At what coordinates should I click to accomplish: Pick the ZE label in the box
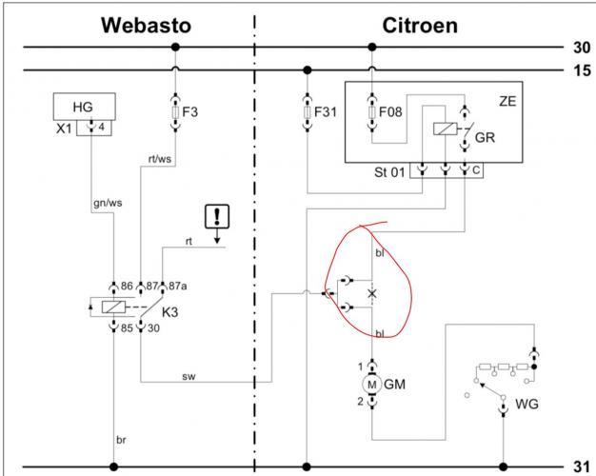(507, 99)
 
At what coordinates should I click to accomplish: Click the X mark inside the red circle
(372, 293)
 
